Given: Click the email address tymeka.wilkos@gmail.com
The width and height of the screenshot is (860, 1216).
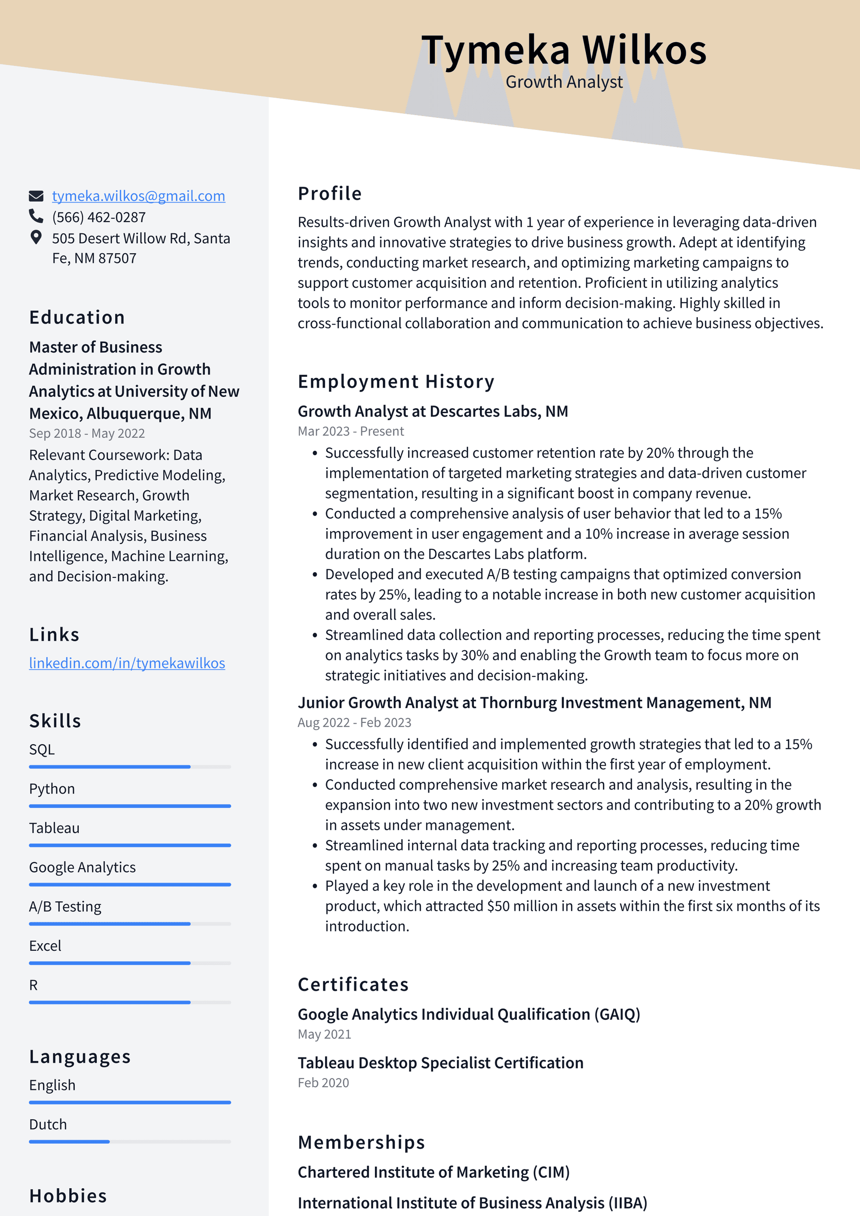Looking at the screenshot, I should point(138,196).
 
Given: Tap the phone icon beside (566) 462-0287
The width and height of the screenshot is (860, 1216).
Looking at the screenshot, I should point(36,216).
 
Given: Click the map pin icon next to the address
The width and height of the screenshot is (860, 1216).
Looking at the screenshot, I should point(36,237).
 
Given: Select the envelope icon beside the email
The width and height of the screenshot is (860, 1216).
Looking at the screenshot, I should point(36,196).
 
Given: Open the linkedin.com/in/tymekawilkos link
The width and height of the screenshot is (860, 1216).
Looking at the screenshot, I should point(127,663).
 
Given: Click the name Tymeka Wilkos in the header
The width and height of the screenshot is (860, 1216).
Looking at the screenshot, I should point(563,50).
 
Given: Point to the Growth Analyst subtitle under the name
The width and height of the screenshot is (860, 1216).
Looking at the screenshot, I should point(563,82).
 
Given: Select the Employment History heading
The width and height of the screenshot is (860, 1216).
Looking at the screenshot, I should point(396,381).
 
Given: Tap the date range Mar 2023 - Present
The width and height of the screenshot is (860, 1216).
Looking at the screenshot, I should point(351,431).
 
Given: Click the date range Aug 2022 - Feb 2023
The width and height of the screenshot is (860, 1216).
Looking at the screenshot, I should point(354,722).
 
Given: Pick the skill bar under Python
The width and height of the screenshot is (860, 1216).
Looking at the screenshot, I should point(130,806).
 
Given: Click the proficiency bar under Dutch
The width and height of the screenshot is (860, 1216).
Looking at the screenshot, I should point(130,1141).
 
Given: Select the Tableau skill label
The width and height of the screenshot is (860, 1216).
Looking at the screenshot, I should point(54,828).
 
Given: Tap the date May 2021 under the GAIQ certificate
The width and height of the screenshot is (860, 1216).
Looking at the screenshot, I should point(324,1034).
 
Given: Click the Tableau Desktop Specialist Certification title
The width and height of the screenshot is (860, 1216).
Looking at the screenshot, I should point(440,1062).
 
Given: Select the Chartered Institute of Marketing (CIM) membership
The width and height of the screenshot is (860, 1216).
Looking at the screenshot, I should point(433,1172).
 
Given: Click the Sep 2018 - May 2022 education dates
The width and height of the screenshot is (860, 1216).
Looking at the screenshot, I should point(87,433).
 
